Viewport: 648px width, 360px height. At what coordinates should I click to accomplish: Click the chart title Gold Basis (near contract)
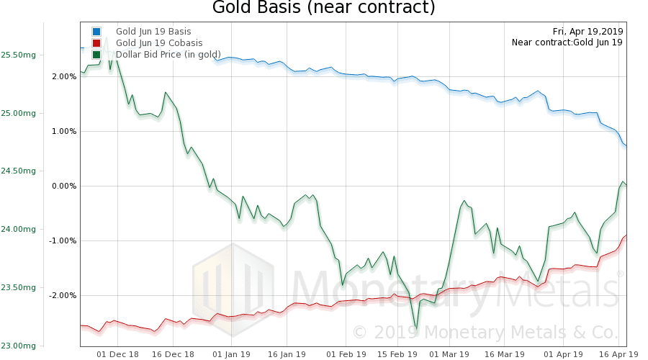tap(324, 9)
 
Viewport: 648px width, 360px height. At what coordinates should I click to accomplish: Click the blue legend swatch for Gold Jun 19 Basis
tap(96, 32)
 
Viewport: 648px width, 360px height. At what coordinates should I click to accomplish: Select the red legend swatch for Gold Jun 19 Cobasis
tap(96, 43)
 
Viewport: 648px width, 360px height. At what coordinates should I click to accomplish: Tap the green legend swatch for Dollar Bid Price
tap(96, 55)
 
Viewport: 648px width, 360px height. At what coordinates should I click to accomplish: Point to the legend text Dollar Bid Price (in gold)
tap(168, 55)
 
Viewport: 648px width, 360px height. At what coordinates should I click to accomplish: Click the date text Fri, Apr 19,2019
tap(588, 31)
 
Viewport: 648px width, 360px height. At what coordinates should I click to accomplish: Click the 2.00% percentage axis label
tap(64, 76)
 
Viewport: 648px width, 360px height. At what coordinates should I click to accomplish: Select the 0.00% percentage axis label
tap(64, 186)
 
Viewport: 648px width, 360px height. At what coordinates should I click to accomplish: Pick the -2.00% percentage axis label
tap(63, 295)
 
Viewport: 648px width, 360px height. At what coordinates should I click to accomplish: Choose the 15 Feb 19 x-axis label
tap(397, 354)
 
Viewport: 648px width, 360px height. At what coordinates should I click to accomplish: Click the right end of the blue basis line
tap(626, 146)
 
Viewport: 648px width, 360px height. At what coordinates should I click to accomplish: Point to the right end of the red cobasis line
tap(626, 235)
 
